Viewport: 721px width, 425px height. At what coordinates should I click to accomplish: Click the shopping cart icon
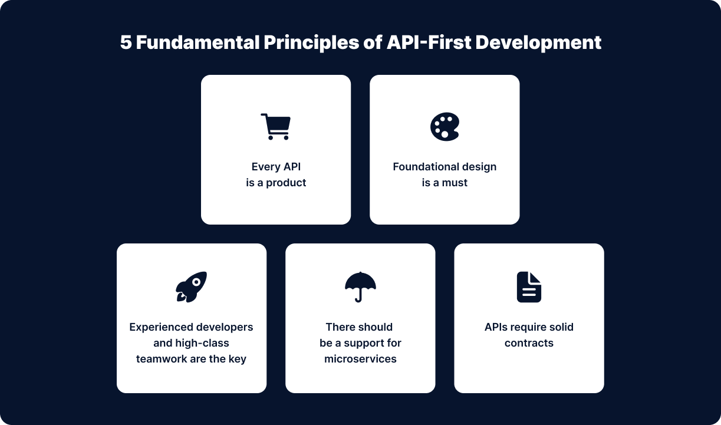276,126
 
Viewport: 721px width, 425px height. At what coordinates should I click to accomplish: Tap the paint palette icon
445,127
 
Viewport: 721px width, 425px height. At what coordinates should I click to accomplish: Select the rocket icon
191,286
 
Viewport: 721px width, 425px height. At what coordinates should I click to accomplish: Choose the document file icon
529,287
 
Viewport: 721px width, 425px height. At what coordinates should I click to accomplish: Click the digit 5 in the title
126,42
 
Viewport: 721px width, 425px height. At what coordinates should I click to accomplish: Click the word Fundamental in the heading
197,42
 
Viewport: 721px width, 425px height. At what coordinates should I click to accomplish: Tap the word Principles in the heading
311,43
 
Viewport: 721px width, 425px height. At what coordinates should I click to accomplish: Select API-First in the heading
429,42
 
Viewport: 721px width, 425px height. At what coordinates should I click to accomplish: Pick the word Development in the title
538,43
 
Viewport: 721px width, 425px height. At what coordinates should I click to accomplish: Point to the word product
286,183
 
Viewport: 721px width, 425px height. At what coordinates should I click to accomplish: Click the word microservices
360,359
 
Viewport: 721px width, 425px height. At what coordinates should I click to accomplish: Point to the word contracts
529,343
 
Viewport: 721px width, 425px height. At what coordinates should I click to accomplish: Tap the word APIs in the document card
496,327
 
